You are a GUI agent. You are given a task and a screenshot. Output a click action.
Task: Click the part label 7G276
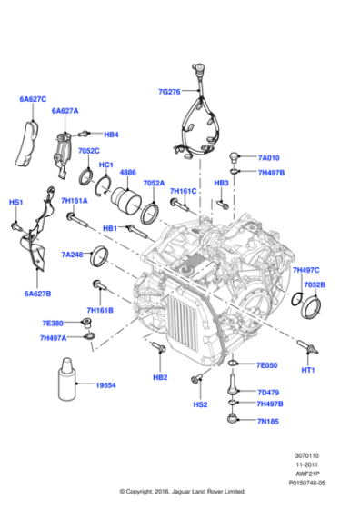[x=169, y=92]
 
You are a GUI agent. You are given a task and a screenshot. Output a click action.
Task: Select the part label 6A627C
[x=33, y=97]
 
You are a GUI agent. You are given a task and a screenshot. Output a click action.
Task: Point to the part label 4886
[x=128, y=172]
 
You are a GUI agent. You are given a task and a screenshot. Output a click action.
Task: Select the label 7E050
[x=266, y=365]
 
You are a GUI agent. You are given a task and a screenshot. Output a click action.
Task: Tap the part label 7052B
[x=315, y=284]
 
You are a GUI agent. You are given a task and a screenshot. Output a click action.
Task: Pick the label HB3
[x=221, y=183]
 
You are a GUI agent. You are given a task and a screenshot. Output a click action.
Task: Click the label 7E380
[x=52, y=323]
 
